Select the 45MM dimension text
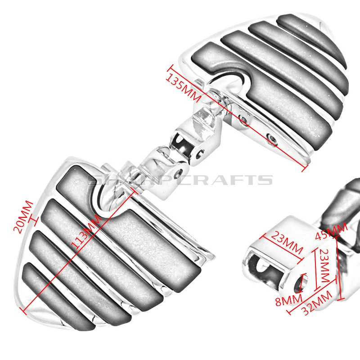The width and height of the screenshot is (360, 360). [337, 233]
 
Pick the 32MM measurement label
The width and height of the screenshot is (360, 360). [318, 302]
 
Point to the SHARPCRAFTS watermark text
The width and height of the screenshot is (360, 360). [180, 180]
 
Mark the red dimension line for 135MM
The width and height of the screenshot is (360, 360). [238, 119]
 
